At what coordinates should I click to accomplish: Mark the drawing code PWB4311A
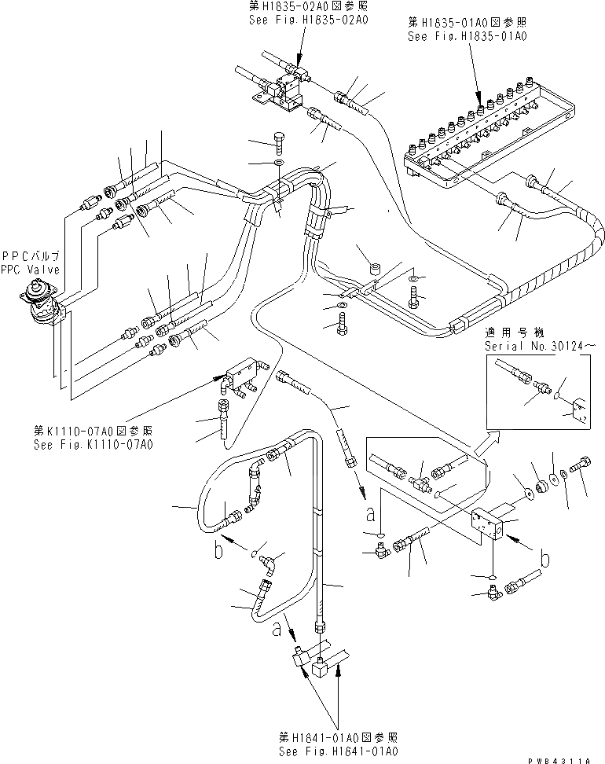tap(566, 758)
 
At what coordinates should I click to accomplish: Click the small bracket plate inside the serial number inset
tap(579, 410)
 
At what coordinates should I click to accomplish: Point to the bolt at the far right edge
tap(584, 472)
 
